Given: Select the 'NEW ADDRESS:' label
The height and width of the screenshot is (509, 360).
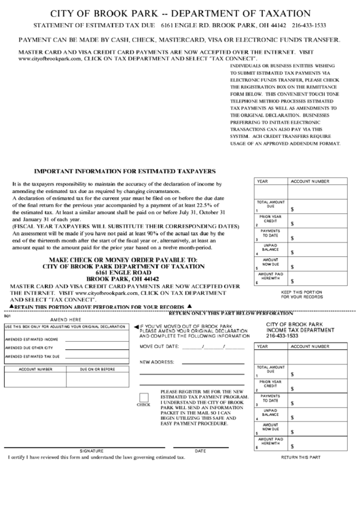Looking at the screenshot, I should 157,362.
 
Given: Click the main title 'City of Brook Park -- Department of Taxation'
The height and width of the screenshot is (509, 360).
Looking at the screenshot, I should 181,14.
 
